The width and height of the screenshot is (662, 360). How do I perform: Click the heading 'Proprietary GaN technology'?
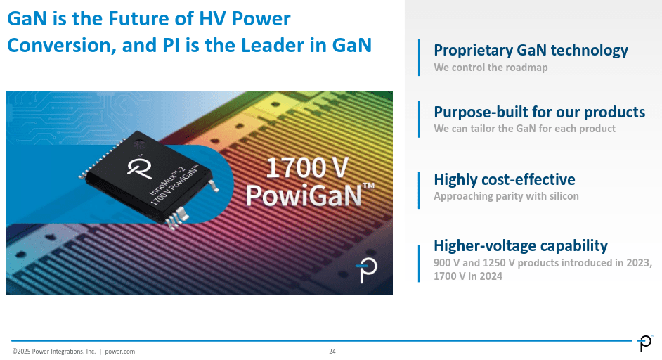(531, 51)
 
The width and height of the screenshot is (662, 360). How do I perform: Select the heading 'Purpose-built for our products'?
(539, 112)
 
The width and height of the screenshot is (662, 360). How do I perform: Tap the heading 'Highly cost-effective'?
(504, 179)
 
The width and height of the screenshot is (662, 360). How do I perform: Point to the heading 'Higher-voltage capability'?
(520, 245)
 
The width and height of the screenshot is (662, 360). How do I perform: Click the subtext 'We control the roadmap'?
(491, 68)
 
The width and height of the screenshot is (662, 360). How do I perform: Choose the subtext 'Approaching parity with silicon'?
(506, 196)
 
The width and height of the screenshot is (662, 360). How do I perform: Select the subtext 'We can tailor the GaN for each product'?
(524, 129)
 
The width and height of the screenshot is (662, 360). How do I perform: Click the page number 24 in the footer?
(332, 351)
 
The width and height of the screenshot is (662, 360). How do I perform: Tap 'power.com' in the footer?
(119, 351)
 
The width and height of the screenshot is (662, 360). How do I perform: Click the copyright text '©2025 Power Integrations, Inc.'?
(53, 351)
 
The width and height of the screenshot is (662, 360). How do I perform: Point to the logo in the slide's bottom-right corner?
(644, 343)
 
